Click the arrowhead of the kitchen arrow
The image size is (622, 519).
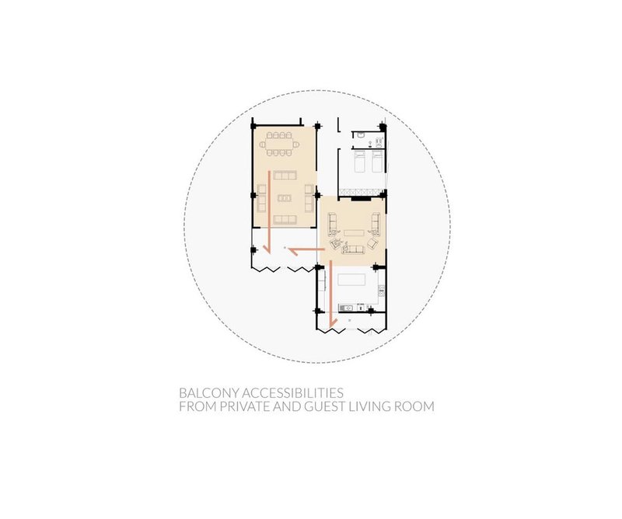[x=331, y=322]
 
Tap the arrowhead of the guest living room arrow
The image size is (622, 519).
[x=266, y=249]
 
